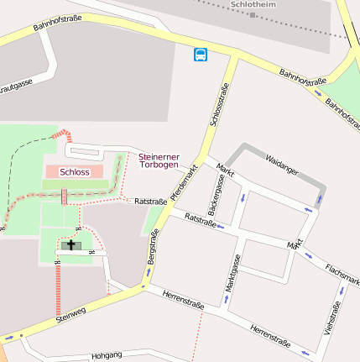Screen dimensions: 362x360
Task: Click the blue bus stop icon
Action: point(201,55)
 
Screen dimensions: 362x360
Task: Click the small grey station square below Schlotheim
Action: point(253,14)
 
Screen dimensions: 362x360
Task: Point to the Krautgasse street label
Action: point(15,86)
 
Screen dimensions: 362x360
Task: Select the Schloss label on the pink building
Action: point(75,171)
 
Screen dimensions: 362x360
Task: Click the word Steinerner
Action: point(159,156)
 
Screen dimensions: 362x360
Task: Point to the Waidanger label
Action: point(281,164)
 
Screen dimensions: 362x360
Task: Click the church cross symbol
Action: point(71,245)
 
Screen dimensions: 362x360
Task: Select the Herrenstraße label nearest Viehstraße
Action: point(270,337)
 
